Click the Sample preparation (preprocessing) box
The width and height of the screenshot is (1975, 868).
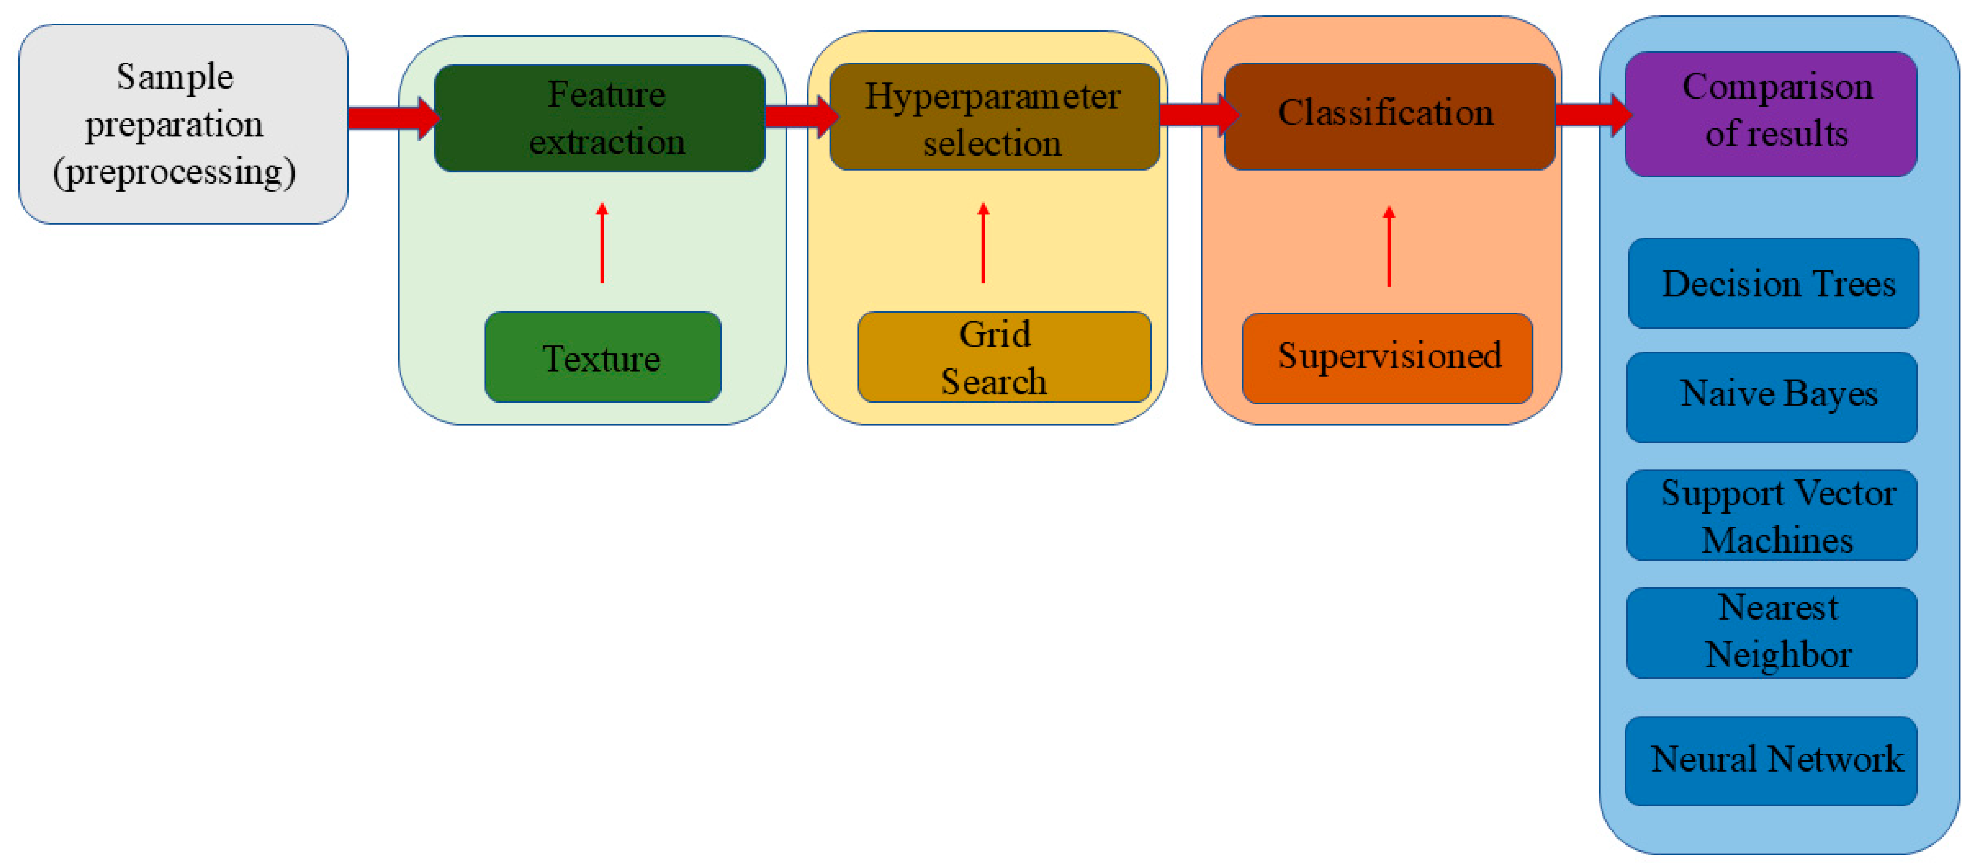pyautogui.click(x=182, y=124)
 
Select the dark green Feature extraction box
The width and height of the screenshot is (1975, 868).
pyautogui.click(x=600, y=118)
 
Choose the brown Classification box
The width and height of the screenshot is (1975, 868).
pyautogui.click(x=1389, y=116)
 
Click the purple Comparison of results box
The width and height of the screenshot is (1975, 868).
pyautogui.click(x=1770, y=113)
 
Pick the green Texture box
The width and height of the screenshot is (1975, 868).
pyautogui.click(x=603, y=357)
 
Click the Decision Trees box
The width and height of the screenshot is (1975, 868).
pyautogui.click(x=1773, y=283)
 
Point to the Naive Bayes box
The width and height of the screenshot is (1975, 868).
pyautogui.click(x=1772, y=397)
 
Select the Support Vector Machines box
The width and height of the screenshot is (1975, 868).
pyautogui.click(x=1772, y=515)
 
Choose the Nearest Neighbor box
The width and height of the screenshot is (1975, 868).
pyautogui.click(x=1772, y=632)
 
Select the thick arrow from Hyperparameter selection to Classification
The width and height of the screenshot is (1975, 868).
pyautogui.click(x=1197, y=115)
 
